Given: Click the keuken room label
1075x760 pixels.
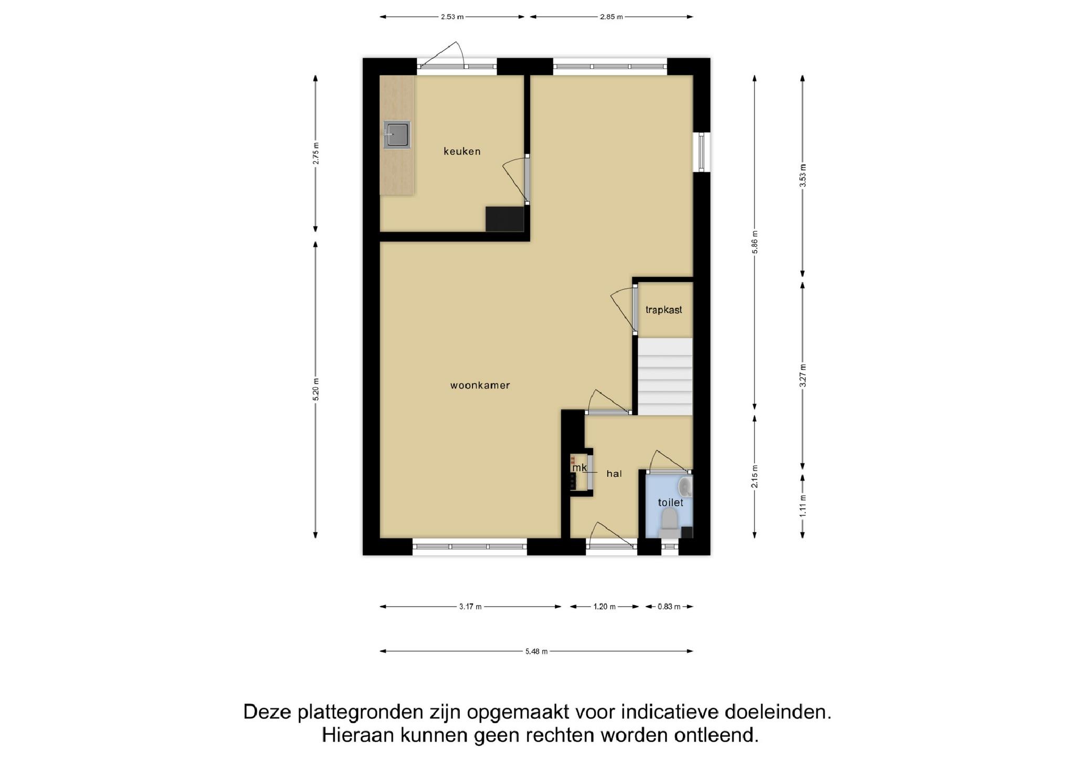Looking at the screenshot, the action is (462, 152).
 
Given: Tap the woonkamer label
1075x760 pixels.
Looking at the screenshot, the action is (480, 385).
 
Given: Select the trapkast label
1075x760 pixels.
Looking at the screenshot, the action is (663, 310).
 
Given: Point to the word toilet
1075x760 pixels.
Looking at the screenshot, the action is (670, 502).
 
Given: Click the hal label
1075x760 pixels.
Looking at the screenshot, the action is (614, 473).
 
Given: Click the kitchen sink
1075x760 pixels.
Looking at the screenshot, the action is (397, 135).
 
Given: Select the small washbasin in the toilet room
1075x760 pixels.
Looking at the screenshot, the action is (685, 487).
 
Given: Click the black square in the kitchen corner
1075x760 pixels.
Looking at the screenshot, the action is (504, 219).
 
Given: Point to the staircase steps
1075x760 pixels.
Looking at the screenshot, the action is (665, 377).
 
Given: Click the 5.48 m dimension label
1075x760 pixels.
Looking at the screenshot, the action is (536, 651).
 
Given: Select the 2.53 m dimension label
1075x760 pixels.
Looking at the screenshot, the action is (452, 17).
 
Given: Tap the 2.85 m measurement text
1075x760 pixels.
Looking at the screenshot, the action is (612, 17).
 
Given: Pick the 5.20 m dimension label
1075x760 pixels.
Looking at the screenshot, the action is (315, 389).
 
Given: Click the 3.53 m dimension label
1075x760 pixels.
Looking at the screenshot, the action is (803, 175).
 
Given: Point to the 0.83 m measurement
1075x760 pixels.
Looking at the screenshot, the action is (669, 607).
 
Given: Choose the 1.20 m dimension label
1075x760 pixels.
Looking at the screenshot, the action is (604, 607).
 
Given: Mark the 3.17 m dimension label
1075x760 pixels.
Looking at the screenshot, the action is (470, 607).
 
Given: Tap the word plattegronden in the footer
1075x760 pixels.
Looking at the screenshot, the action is (360, 713).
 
